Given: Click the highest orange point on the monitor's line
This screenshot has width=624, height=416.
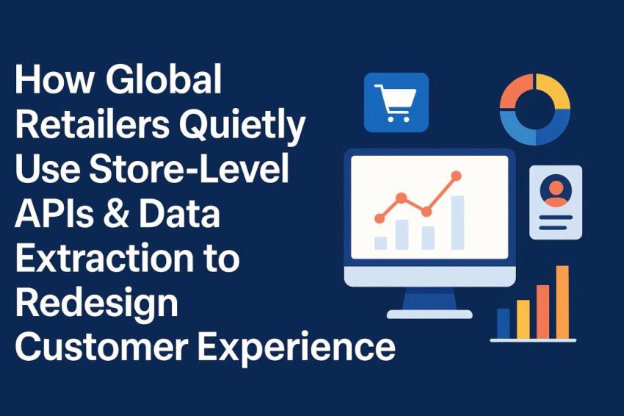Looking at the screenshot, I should tap(456, 176).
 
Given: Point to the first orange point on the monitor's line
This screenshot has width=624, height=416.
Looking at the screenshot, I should tap(379, 218).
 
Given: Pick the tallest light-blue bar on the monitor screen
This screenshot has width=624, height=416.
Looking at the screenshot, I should tap(457, 222).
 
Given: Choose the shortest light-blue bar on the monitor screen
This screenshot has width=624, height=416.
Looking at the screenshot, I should tap(380, 243).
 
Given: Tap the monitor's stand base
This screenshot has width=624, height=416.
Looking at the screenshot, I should tap(429, 313).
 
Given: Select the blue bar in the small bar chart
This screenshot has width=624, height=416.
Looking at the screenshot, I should tap(503, 323).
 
